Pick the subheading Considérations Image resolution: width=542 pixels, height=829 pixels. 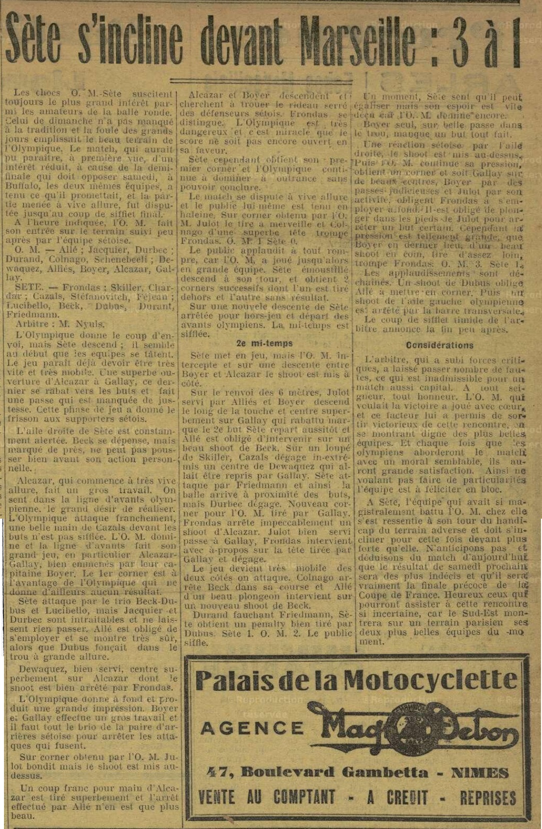click(x=440, y=345)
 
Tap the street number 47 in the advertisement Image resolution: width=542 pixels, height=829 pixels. click(x=218, y=771)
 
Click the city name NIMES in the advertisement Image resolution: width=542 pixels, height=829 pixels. click(x=480, y=772)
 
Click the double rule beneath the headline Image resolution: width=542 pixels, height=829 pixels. click(x=270, y=81)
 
